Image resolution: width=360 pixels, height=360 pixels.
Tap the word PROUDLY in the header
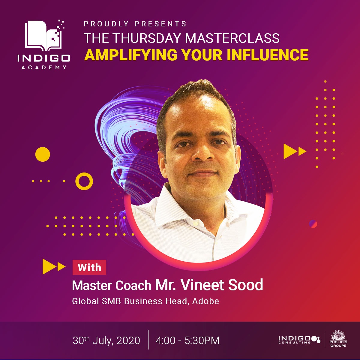[x=106, y=24]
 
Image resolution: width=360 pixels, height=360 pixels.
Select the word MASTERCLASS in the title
[x=232, y=38]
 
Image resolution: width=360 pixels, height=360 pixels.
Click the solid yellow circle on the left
[x=43, y=154]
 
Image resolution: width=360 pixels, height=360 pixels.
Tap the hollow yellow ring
[x=84, y=181]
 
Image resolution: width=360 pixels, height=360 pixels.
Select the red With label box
[x=89, y=267]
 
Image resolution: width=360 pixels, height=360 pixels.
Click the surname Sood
[x=245, y=285]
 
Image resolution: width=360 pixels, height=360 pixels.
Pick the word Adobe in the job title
[x=205, y=301]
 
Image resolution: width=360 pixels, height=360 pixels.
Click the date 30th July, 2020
[x=106, y=340]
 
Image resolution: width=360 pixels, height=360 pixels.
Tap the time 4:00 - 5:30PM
[x=187, y=340]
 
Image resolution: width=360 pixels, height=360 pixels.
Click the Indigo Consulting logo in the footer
[x=299, y=339]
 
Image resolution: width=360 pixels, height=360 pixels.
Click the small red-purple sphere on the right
[x=313, y=224]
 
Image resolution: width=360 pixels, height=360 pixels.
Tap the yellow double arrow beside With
[x=54, y=266]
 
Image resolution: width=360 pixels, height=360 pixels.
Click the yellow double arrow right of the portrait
[x=295, y=151]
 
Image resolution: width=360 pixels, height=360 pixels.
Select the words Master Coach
[x=111, y=285]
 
